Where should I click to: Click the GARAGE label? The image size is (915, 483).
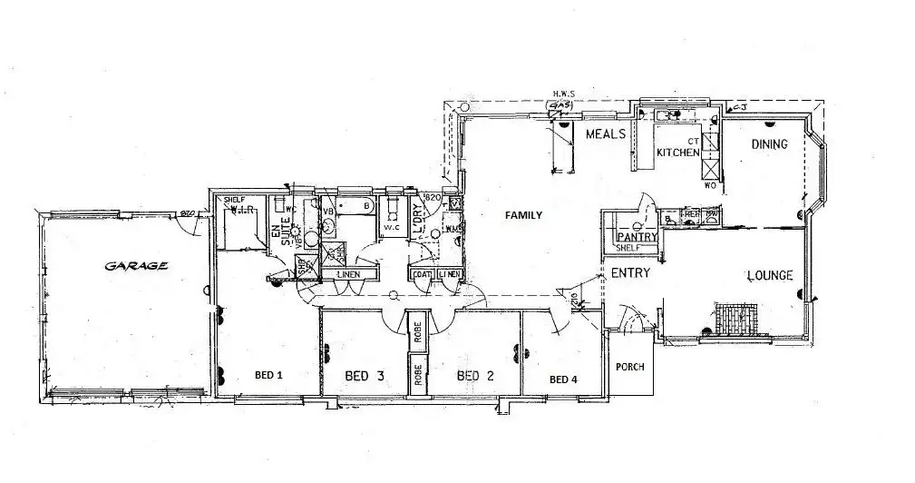click(136, 266)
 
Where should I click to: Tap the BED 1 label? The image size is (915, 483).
click(268, 374)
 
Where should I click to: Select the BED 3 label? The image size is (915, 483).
click(365, 375)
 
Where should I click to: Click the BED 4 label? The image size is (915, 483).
click(563, 379)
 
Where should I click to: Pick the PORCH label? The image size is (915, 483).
click(629, 368)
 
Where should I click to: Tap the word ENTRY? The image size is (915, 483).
click(629, 273)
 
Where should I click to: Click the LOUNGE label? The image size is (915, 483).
click(769, 275)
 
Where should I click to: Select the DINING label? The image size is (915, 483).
click(768, 144)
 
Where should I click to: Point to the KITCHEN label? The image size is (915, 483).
click(677, 153)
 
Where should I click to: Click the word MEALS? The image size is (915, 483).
click(606, 134)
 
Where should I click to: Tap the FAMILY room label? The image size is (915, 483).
click(524, 215)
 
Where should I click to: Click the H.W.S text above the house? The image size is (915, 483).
click(564, 94)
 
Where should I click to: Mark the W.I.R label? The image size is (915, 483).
click(240, 209)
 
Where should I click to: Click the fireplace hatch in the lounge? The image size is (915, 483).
click(733, 318)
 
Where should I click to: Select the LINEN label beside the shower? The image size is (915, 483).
click(348, 274)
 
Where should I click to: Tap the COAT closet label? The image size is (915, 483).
click(422, 274)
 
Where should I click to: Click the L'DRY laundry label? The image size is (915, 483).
click(419, 219)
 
